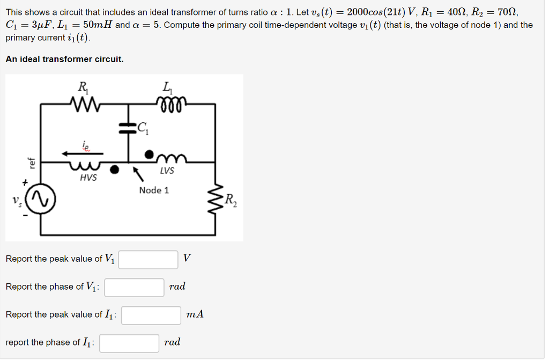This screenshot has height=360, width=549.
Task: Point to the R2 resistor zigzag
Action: (217, 202)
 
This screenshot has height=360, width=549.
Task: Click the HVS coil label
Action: (88, 178)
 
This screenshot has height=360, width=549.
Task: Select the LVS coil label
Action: (167, 171)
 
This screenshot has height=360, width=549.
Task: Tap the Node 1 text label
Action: (154, 190)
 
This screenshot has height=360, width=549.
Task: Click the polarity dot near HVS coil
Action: (114, 170)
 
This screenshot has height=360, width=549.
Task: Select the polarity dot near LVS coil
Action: (151, 153)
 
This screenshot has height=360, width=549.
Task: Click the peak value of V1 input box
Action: (149, 259)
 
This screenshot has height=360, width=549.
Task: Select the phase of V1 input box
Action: (135, 287)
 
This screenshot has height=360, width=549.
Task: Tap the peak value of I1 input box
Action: (151, 315)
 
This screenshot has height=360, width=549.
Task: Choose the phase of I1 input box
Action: (129, 343)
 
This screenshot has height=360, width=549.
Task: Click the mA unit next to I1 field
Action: (195, 314)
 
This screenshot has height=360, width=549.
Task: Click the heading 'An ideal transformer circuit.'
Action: (64, 59)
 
